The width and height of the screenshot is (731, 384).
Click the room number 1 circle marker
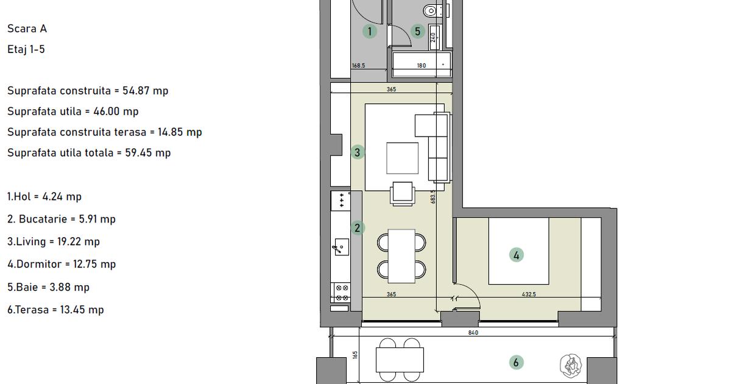tap(369, 31)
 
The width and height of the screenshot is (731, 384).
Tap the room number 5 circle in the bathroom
tap(417, 31)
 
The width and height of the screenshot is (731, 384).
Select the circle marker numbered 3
tap(358, 152)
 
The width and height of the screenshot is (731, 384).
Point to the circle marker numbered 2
tap(358, 228)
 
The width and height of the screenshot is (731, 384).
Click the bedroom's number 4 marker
tap(517, 255)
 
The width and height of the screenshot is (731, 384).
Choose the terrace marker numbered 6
tap(516, 363)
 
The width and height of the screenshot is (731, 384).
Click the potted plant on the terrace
tap(571, 365)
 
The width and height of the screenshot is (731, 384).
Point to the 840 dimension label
tap(473, 333)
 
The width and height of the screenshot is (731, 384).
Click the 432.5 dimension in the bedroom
tap(529, 294)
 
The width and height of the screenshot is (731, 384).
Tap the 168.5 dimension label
tap(358, 66)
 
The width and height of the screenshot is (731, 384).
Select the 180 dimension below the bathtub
tap(421, 66)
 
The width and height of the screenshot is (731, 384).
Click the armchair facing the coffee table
tap(403, 193)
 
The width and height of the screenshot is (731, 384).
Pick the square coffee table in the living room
tap(403, 158)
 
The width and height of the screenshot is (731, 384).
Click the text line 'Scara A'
tap(27, 29)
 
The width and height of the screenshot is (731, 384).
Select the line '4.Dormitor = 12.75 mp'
tap(62, 265)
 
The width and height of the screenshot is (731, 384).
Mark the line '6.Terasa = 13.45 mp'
tap(55, 310)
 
